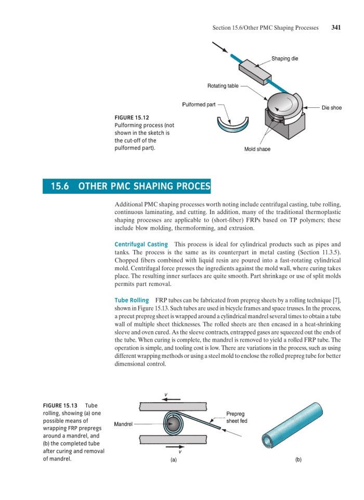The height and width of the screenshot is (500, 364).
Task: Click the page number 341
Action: [x=336, y=28]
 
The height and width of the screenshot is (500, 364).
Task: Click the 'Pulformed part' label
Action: [x=199, y=105]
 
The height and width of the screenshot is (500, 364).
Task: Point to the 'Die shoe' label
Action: [x=331, y=108]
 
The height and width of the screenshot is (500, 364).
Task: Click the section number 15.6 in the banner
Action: [x=60, y=186]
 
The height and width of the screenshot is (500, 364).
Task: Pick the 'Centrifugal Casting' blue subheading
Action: [x=141, y=244]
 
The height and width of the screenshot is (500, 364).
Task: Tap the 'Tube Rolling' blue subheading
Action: [x=131, y=301]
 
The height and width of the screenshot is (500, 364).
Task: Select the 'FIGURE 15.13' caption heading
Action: [x=59, y=406]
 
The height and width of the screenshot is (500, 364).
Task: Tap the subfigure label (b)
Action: [x=298, y=460]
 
